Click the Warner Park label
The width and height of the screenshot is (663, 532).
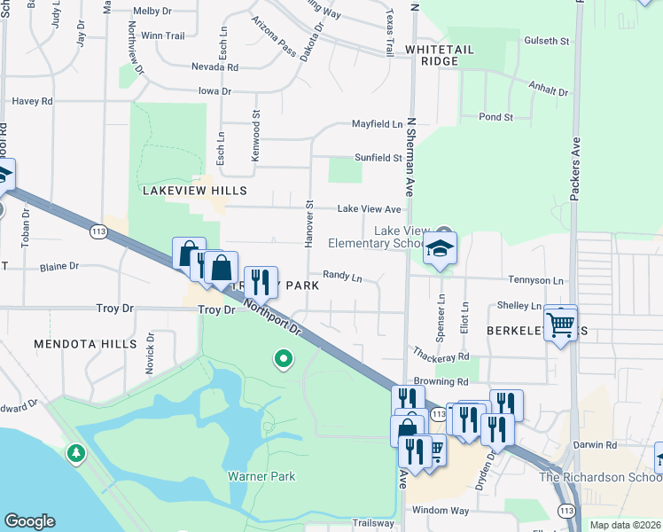pyautogui.click(x=261, y=476)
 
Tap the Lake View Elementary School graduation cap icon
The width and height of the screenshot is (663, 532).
pyautogui.click(x=439, y=250)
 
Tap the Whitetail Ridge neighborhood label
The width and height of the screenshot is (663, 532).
pyautogui.click(x=433, y=55)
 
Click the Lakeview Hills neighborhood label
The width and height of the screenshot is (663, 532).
pyautogui.click(x=194, y=191)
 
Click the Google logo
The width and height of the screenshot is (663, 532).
pyautogui.click(x=29, y=521)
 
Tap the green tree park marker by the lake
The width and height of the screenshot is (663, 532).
pyautogui.click(x=76, y=454)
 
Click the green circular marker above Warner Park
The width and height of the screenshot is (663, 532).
pyautogui.click(x=284, y=359)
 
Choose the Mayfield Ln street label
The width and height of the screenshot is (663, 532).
pyautogui.click(x=378, y=124)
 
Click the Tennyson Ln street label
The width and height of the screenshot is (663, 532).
pyautogui.click(x=536, y=280)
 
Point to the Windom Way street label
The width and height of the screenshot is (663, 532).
pyautogui.click(x=441, y=510)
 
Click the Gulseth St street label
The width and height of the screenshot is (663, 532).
pyautogui.click(x=547, y=41)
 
